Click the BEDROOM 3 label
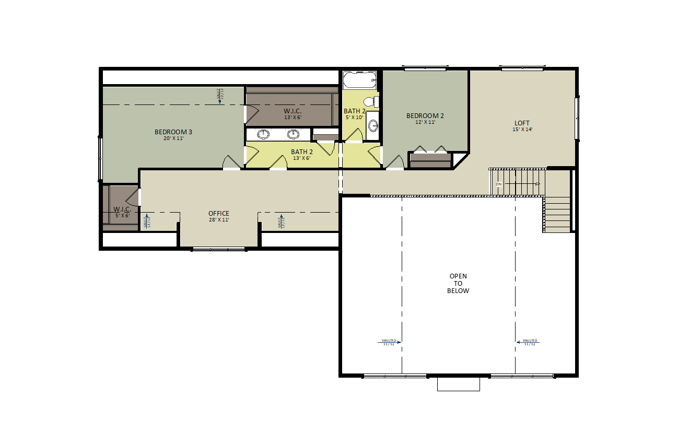point(173,132)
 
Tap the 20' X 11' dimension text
point(173,138)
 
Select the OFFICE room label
point(219,213)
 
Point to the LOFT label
point(522,123)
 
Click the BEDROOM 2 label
point(425,115)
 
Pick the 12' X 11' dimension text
point(425,122)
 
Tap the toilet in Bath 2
point(370,101)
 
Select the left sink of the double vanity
point(263,134)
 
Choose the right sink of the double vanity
point(293,134)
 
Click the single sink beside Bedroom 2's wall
point(373,125)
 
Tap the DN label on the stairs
point(499,184)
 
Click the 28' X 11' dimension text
point(219,220)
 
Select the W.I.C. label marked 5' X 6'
point(122,209)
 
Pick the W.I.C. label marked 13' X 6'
point(293,111)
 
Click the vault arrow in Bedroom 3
point(220,96)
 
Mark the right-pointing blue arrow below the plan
point(389,343)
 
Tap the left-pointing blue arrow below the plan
point(528,343)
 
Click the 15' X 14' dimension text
point(522,130)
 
